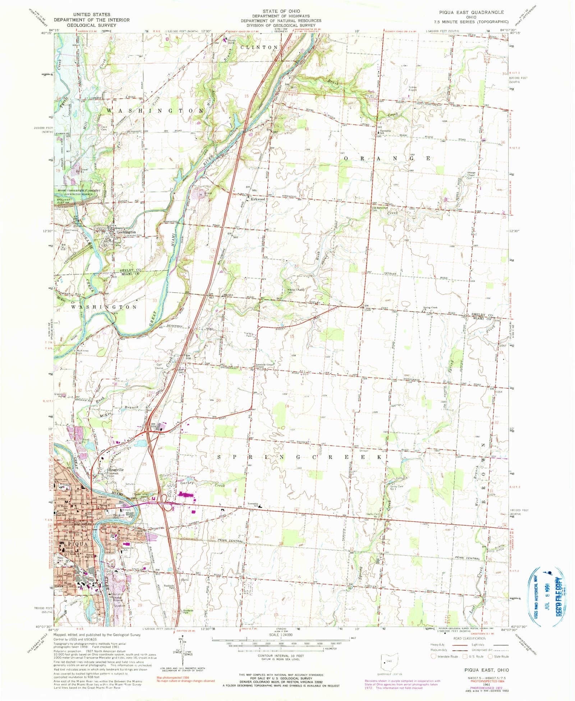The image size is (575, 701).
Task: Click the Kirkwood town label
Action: click(x=258, y=199)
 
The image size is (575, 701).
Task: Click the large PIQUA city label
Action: click(x=74, y=544)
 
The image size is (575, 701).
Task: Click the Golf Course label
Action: click(x=160, y=367)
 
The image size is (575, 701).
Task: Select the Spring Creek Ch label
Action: click(x=430, y=308)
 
